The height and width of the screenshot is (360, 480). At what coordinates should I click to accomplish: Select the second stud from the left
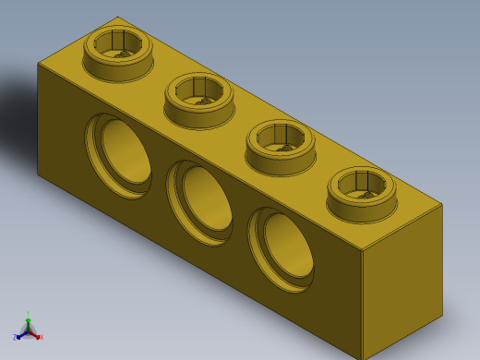pyautogui.click(x=199, y=102)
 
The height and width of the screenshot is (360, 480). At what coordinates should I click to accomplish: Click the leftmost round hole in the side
pyautogui.click(x=120, y=154)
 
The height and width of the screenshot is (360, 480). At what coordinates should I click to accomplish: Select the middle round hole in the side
pyautogui.click(x=201, y=201)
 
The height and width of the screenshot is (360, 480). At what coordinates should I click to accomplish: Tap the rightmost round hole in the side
pyautogui.click(x=282, y=248)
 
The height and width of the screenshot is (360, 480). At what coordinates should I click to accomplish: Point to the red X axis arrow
pyautogui.click(x=39, y=337)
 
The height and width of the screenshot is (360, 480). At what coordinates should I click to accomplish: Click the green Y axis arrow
pyautogui.click(x=28, y=318)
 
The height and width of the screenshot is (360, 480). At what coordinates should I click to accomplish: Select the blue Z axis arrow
pyautogui.click(x=18, y=337)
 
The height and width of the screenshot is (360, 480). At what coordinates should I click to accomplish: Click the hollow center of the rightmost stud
pyautogui.click(x=362, y=183)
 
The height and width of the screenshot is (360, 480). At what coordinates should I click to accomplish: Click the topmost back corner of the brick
pyautogui.click(x=118, y=18)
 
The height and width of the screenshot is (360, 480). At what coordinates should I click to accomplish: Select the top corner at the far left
pyautogui.click(x=38, y=64)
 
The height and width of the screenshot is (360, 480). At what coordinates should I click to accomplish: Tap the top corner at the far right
pyautogui.click(x=442, y=204)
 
